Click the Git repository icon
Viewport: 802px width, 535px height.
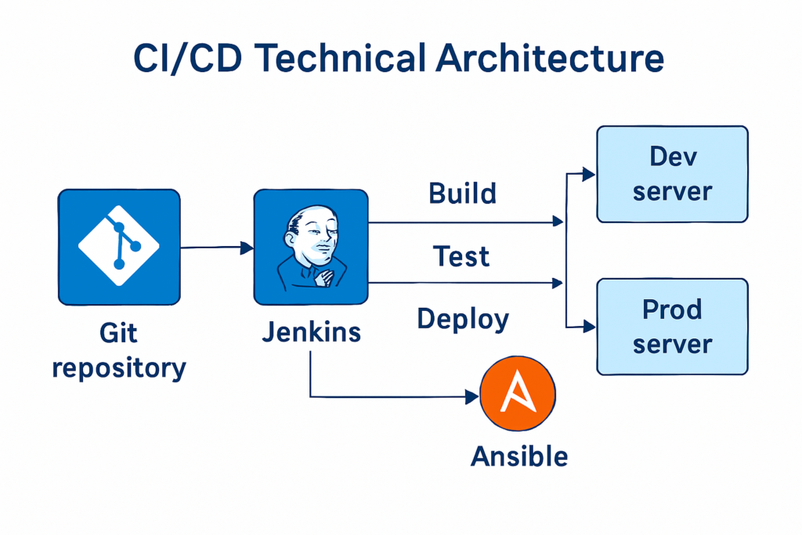click(119, 247)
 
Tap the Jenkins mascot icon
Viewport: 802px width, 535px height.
click(311, 247)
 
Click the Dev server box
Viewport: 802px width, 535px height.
click(672, 174)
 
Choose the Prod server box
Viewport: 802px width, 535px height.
click(672, 327)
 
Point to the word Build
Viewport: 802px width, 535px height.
click(463, 193)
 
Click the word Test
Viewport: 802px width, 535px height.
click(461, 256)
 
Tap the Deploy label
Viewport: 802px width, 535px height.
click(463, 319)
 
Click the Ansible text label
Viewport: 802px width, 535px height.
click(519, 456)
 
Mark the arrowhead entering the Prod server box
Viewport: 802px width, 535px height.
click(588, 327)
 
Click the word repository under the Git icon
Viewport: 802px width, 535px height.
click(119, 367)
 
